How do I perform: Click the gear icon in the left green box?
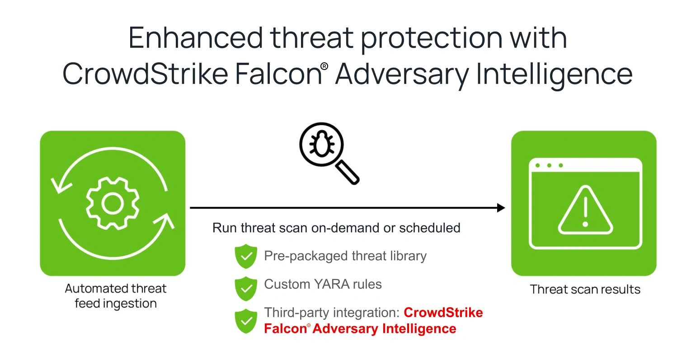(x=113, y=203)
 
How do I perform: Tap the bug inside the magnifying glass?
(x=322, y=144)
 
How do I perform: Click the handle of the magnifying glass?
(x=348, y=172)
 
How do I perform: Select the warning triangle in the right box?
(x=585, y=210)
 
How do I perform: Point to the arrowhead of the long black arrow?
(x=501, y=208)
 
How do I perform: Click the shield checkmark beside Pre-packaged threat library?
(x=246, y=256)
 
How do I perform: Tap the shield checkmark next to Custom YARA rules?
(x=246, y=289)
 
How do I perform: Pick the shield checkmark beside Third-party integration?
(x=246, y=321)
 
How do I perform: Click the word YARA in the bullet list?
(x=332, y=284)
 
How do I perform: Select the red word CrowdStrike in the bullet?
(x=443, y=313)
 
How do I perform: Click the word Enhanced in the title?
(x=196, y=38)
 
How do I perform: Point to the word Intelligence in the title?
(x=554, y=74)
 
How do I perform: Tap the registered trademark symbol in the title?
(x=324, y=66)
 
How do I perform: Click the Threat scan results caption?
(x=585, y=289)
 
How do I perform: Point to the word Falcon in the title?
(x=278, y=74)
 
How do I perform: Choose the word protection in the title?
(x=432, y=39)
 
